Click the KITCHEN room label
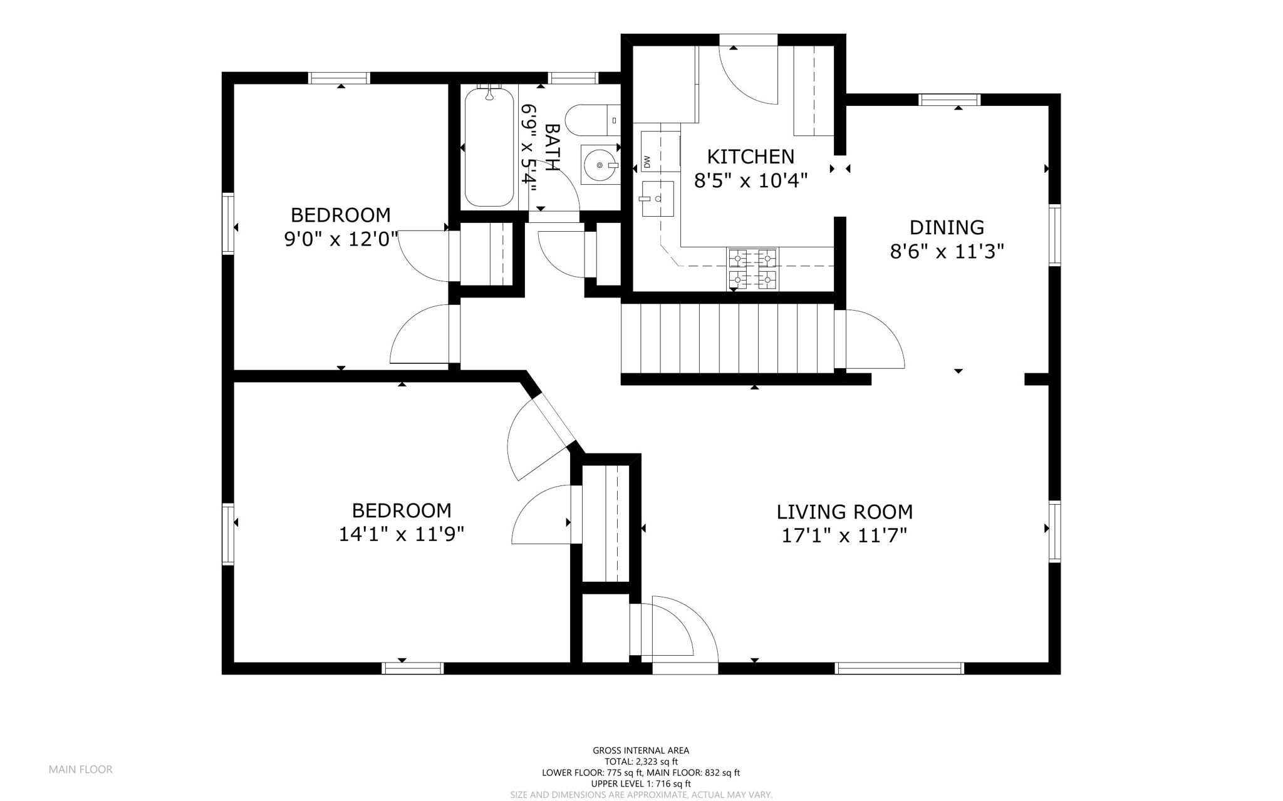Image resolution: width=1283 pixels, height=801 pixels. point(751,157)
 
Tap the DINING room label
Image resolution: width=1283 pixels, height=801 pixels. point(947,227)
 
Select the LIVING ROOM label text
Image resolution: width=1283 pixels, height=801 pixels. point(844,512)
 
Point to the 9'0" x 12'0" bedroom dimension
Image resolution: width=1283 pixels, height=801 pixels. point(341,239)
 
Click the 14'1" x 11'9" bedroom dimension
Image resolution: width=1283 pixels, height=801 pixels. point(401,534)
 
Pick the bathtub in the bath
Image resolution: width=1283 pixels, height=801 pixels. point(489,147)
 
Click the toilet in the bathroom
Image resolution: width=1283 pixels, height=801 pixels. point(593,120)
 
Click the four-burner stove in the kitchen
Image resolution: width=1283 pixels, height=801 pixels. point(752,269)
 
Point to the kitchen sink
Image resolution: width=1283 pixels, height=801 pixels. point(657,199)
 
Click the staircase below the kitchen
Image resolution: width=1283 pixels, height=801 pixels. point(727,338)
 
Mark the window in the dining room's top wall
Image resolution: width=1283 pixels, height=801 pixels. point(949,100)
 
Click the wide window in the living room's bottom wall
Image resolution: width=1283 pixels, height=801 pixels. point(900,668)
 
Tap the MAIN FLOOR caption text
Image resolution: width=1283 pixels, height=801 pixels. point(81,770)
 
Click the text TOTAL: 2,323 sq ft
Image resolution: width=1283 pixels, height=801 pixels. point(641,762)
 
